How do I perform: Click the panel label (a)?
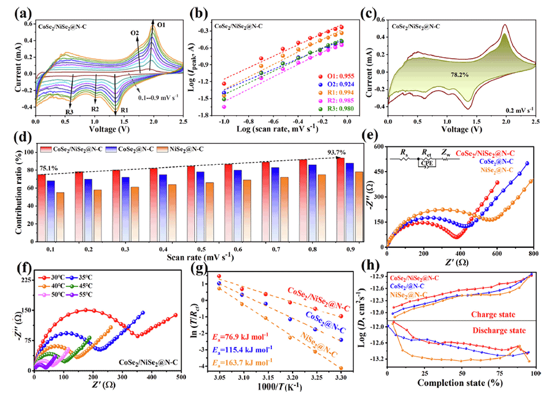pos(16,11)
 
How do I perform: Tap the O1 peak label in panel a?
pos(162,25)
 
